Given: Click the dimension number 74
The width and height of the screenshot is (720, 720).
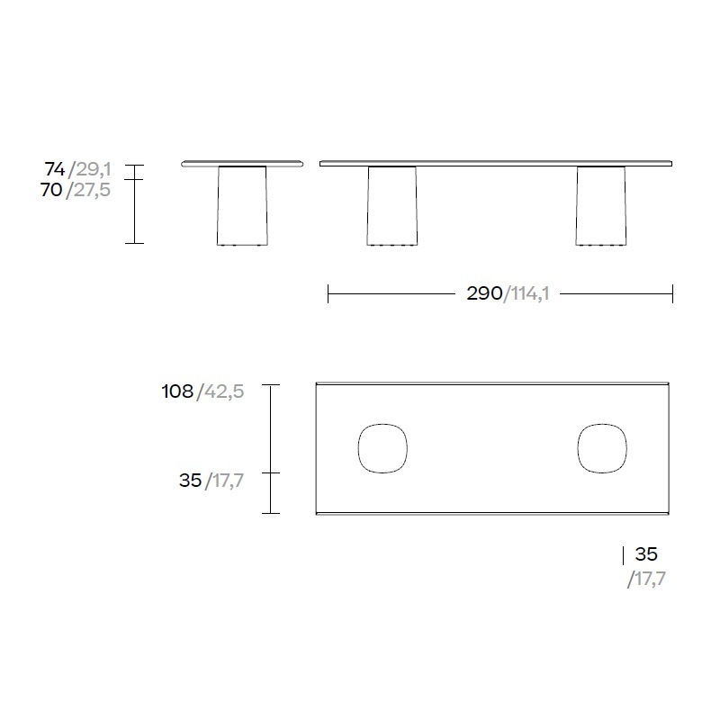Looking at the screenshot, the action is (x=55, y=169).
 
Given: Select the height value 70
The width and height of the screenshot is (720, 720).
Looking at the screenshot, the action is (x=51, y=189).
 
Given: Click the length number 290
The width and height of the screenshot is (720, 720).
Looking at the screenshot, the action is (x=484, y=293).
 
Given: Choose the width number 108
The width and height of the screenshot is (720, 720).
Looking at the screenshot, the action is (x=177, y=391).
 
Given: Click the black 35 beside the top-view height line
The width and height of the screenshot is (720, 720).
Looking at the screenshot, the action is (x=190, y=481).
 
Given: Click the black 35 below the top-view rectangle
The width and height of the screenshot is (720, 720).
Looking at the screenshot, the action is (x=646, y=554).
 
